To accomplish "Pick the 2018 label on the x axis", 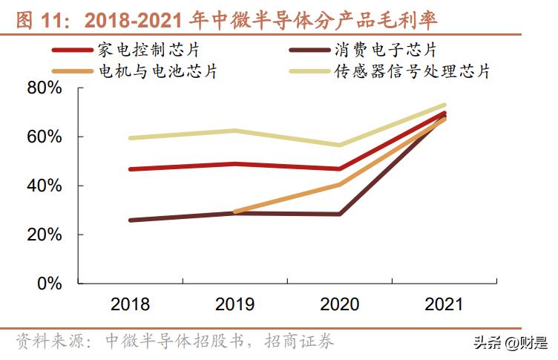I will pos(130,304).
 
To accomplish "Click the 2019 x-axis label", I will pos(234,304).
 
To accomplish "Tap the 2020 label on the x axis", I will pos(339,304).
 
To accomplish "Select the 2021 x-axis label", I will pos(444,304).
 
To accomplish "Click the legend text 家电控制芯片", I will pos(148,50).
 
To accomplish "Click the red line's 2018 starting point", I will pos(130,169).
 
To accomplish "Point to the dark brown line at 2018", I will pos(130,220).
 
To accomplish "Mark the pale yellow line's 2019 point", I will pos(234,131).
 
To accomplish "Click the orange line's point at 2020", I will pos(339,184).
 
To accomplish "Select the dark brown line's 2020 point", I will pos(339,214).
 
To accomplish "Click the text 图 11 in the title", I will pos(32,19).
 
